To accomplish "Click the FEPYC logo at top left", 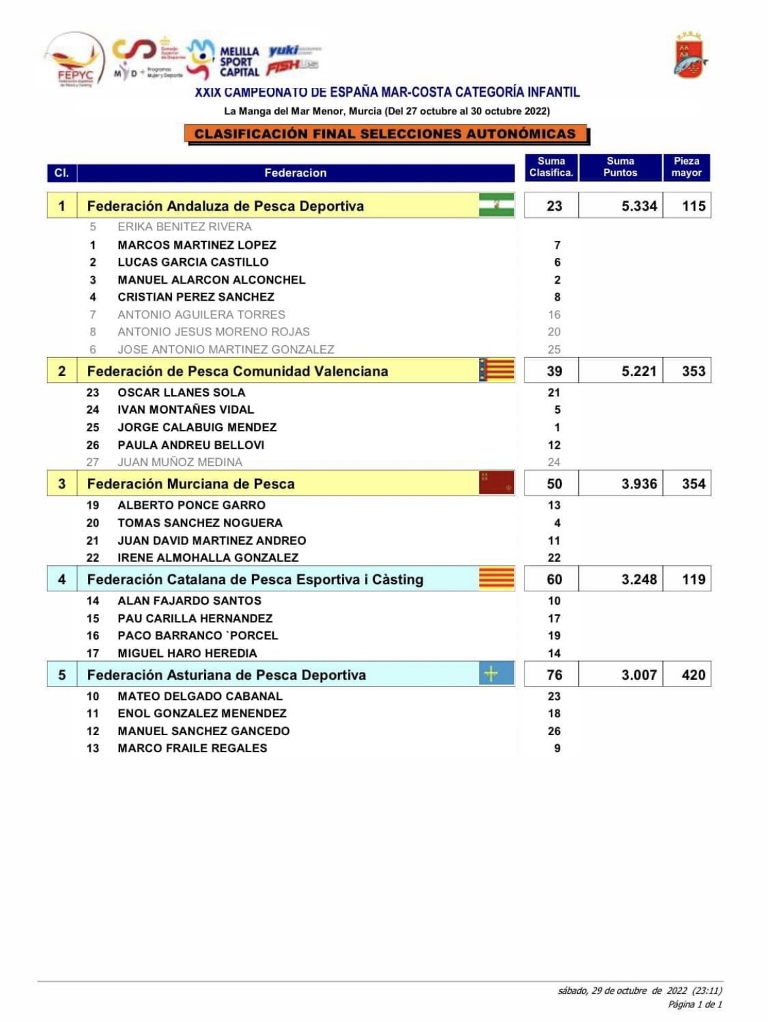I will pyautogui.click(x=74, y=60).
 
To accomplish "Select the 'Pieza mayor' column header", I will pyautogui.click(x=686, y=167).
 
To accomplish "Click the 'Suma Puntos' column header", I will pyautogui.click(x=620, y=167).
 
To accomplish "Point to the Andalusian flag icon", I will pyautogui.click(x=496, y=205).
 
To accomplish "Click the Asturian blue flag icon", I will pyautogui.click(x=496, y=674).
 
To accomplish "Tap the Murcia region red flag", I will pyautogui.click(x=496, y=483).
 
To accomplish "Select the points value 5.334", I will pyautogui.click(x=639, y=206).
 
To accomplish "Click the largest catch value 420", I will pyautogui.click(x=693, y=675).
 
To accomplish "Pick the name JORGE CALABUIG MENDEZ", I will pyautogui.click(x=197, y=427).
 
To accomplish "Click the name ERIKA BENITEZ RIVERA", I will pyautogui.click(x=184, y=227).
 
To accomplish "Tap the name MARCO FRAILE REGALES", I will pyautogui.click(x=192, y=748).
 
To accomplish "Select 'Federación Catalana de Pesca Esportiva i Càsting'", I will pyautogui.click(x=255, y=580).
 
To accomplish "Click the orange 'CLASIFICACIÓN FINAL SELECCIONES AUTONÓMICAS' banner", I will pyautogui.click(x=385, y=134).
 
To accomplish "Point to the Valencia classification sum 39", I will pyautogui.click(x=554, y=372).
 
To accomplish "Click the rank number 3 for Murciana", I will pyautogui.click(x=62, y=484).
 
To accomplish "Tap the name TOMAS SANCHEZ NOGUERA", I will pyautogui.click(x=200, y=523).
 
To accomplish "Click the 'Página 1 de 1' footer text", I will pyautogui.click(x=694, y=1004).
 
